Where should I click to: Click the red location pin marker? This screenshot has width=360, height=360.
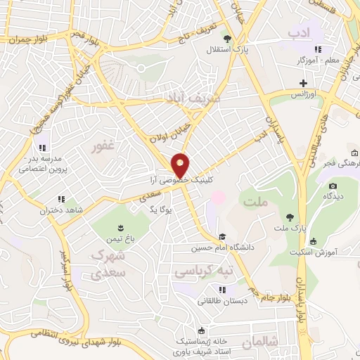181,165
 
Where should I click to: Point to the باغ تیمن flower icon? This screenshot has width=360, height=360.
121,226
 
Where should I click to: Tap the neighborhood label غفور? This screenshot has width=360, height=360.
102,147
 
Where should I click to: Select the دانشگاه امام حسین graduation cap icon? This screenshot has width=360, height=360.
222,236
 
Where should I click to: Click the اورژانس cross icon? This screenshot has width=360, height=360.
303,83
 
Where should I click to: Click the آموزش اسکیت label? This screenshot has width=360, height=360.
333,251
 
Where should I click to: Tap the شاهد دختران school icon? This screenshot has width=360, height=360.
61,199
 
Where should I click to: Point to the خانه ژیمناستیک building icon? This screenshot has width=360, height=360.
202,330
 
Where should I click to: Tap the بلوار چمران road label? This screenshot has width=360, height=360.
27,39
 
